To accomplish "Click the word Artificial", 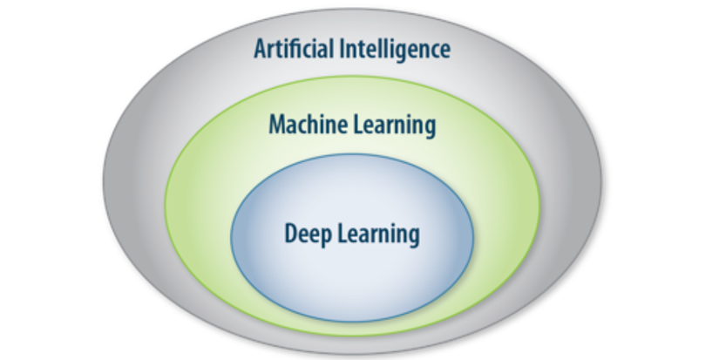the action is [294, 48].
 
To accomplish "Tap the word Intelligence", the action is [395, 50].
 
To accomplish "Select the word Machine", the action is [309, 125].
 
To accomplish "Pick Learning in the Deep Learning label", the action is [379, 234].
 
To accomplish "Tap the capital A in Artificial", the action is [260, 49].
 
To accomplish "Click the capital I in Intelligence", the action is [343, 49].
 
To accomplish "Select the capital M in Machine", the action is [278, 125].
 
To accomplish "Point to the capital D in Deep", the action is [292, 234].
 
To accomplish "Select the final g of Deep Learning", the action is [415, 238].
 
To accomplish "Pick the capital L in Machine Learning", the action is [358, 125].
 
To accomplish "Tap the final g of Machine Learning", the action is [431, 129].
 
